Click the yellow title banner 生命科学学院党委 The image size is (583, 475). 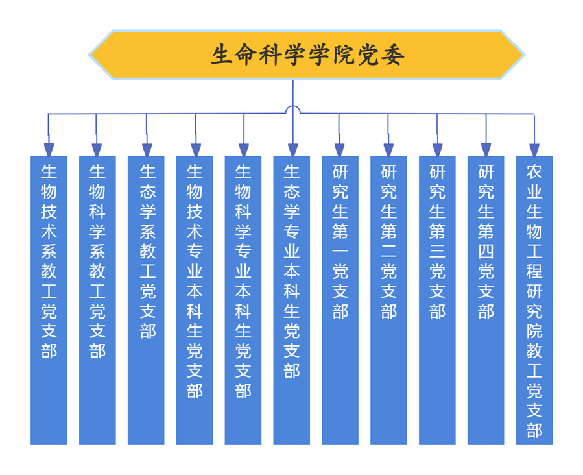(x=306, y=55)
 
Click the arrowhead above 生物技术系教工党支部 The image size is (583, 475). (x=49, y=150)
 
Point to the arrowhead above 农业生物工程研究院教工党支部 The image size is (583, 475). (x=534, y=150)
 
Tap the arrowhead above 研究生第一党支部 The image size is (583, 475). (x=340, y=150)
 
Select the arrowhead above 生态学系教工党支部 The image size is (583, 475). (x=147, y=150)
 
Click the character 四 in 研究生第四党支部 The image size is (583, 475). (x=486, y=252)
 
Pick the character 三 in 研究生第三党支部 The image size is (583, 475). (x=437, y=252)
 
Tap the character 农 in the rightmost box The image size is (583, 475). (x=534, y=172)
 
